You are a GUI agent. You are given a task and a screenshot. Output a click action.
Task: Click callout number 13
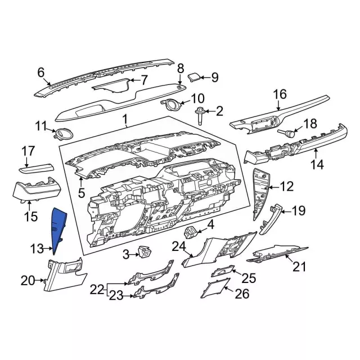pyautogui.click(x=37, y=248)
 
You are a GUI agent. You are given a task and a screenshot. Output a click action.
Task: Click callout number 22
pyautogui.click(x=97, y=289)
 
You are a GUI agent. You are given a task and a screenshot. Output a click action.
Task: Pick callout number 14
pyautogui.click(x=318, y=165)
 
